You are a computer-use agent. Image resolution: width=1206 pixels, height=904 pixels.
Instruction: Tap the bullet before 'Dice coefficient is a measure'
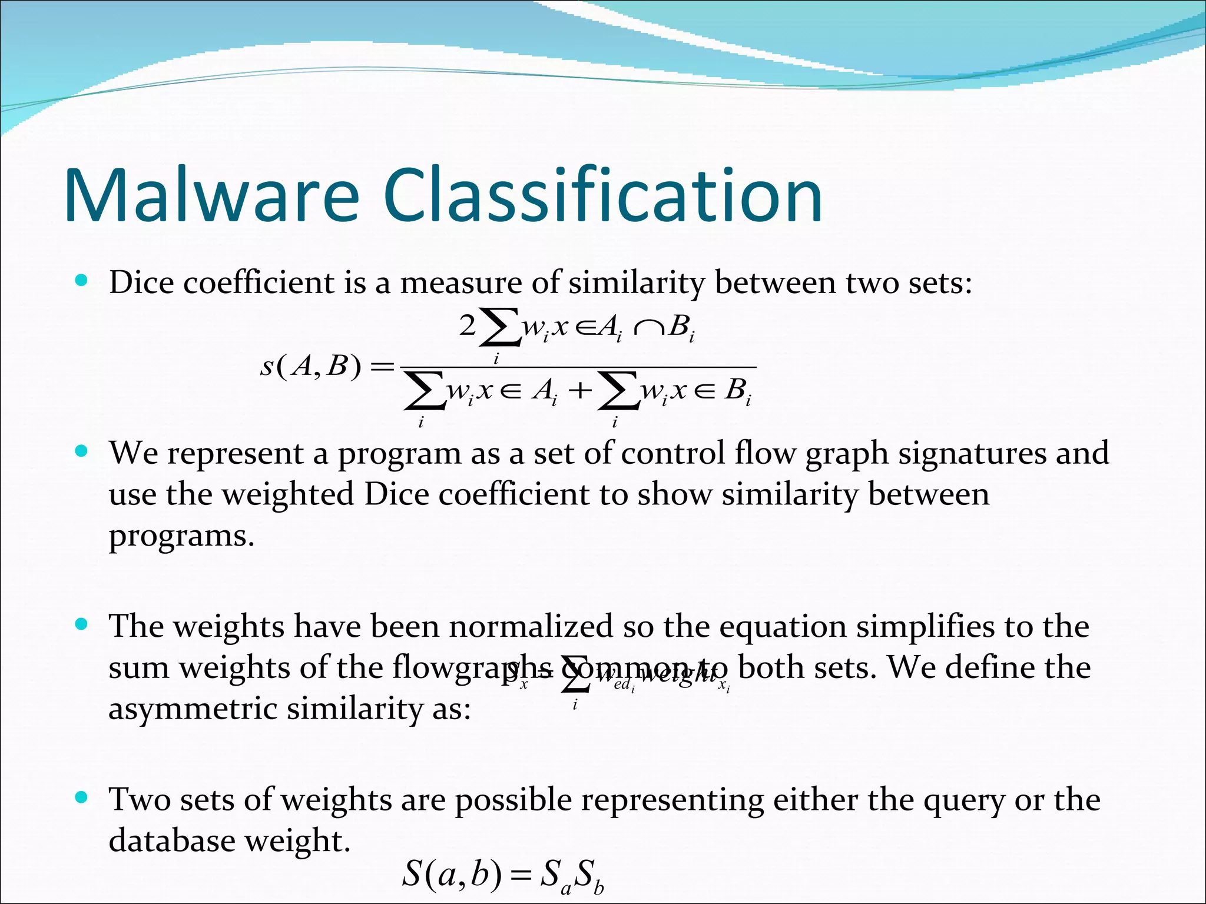[82, 281]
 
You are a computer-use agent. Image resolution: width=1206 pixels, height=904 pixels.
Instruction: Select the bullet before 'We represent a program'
[82, 452]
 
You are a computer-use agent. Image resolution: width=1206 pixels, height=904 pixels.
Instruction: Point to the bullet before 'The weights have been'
[82, 624]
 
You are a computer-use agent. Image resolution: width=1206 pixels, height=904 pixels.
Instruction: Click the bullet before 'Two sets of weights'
[82, 798]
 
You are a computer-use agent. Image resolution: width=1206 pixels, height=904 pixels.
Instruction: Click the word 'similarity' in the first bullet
[636, 283]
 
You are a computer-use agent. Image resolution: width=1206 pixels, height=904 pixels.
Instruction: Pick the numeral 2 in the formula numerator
[467, 325]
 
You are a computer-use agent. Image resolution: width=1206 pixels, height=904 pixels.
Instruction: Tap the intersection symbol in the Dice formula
[647, 327]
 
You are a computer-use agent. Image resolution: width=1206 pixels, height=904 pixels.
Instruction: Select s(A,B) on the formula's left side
[310, 366]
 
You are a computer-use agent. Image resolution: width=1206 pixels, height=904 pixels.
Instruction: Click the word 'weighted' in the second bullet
[287, 494]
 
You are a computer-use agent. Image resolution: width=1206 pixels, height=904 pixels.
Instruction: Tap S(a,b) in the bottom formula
[452, 873]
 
